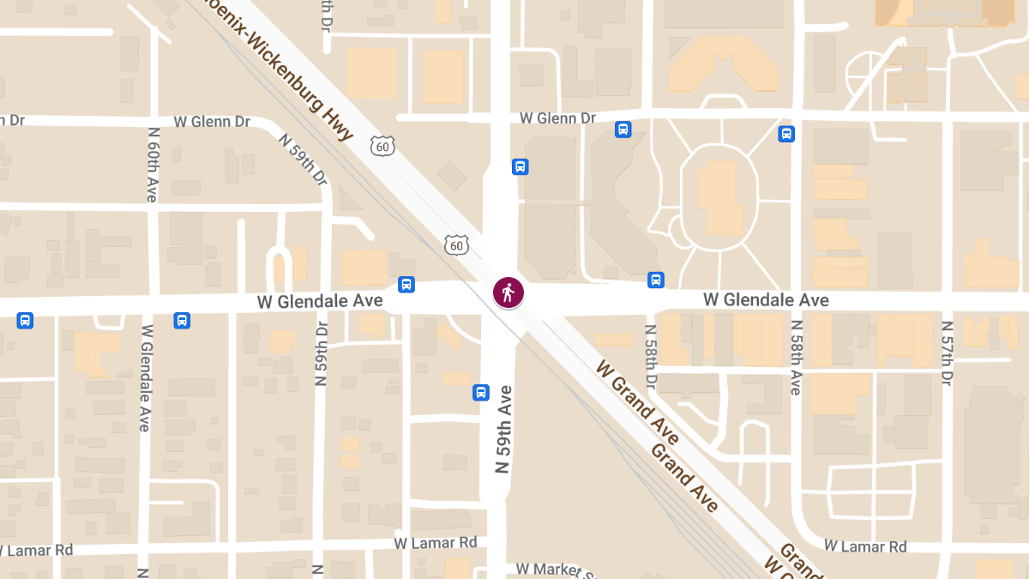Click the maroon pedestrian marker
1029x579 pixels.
point(508,293)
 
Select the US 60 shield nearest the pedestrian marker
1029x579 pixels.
point(457,245)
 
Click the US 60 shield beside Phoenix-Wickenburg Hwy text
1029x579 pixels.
point(383,147)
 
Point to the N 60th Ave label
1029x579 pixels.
point(153,165)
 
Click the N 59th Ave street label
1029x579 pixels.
point(504,430)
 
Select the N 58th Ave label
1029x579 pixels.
point(797,358)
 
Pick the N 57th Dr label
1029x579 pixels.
point(948,353)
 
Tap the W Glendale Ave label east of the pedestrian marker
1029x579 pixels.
point(766,299)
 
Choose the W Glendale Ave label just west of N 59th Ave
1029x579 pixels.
point(320,301)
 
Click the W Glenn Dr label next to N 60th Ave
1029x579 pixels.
point(213,122)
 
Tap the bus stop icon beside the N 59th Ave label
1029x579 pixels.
point(481,393)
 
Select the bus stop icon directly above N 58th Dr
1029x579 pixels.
point(656,280)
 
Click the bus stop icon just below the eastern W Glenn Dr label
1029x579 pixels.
point(623,130)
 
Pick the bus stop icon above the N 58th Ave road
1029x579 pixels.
point(786,134)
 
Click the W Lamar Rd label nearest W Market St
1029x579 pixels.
point(436,543)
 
